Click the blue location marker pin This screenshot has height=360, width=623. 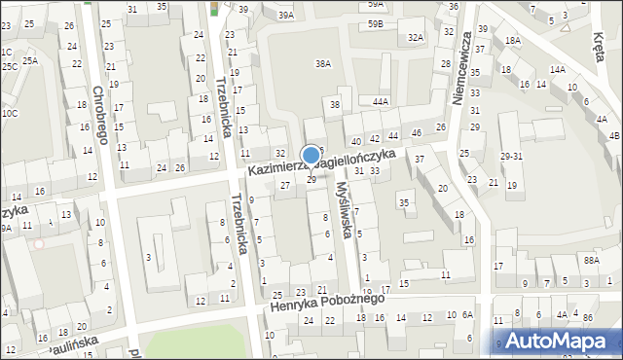[x=311, y=156]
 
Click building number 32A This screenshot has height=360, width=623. [x=416, y=37]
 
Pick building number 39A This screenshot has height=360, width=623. [x=285, y=16]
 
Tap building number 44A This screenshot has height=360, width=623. [x=381, y=100]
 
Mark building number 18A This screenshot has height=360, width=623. [x=513, y=41]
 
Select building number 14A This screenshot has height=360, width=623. [x=557, y=70]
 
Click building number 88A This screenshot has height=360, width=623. [x=590, y=260]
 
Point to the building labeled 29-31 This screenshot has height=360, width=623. [x=512, y=156]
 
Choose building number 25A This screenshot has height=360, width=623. [x=30, y=60]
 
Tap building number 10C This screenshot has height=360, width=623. [x=9, y=113]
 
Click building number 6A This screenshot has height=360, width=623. [x=467, y=314]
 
